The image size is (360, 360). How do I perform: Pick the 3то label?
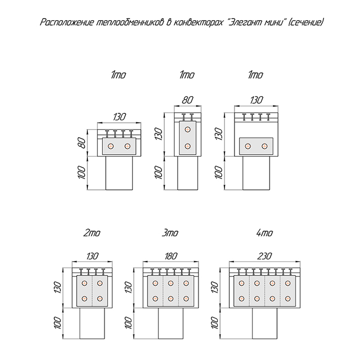[170, 234]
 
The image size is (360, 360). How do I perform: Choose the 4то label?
[264, 234]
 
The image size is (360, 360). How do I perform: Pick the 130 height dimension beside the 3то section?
[128, 288]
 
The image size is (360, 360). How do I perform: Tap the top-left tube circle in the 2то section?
[84, 282]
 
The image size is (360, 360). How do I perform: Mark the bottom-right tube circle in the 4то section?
[289, 299]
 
